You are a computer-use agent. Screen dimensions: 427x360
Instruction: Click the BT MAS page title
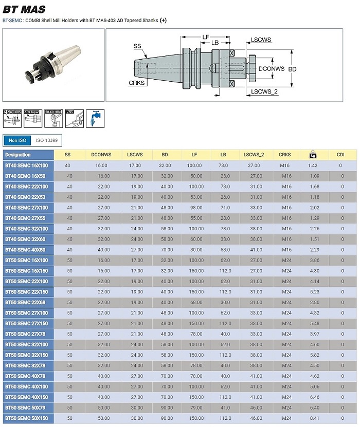[x=24, y=9]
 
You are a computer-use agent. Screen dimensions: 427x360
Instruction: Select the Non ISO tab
[x=17, y=140]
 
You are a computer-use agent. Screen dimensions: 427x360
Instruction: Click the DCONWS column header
[x=101, y=155]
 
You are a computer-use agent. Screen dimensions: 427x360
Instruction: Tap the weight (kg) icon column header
[x=312, y=155]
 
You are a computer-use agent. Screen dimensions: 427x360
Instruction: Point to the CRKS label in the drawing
[x=136, y=82]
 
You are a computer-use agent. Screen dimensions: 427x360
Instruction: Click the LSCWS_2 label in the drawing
[x=264, y=91]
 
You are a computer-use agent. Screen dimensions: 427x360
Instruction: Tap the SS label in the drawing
[x=137, y=46]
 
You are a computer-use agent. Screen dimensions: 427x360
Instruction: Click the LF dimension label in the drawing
[x=206, y=37]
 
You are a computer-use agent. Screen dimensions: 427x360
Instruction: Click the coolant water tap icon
[x=95, y=119]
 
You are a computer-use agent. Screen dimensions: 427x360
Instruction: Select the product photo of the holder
[x=53, y=64]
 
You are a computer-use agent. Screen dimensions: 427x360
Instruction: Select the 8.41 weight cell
[x=312, y=418]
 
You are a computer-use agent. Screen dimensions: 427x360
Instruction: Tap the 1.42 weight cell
[x=312, y=165]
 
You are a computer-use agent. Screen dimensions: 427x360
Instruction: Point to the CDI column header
[x=340, y=155]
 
